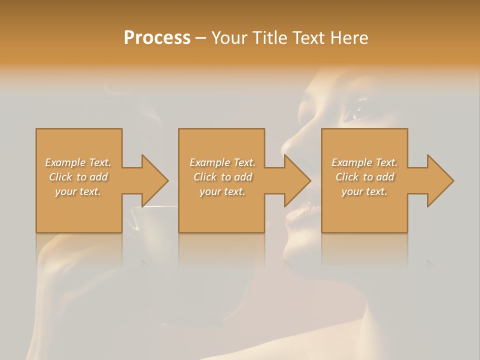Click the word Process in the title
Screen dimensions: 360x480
coord(157,38)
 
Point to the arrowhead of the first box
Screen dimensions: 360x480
coord(153,180)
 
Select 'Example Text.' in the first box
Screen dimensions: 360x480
coord(78,162)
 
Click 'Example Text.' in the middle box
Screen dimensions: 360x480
coord(222,162)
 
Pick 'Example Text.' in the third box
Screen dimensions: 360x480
coord(364,162)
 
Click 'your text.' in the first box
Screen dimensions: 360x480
coord(78,191)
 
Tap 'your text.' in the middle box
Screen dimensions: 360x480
coord(222,191)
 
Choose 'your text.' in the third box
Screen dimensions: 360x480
coord(364,191)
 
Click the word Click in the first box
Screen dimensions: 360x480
coord(60,177)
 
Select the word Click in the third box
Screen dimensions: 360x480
coord(347,177)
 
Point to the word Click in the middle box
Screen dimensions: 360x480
coord(205,177)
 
